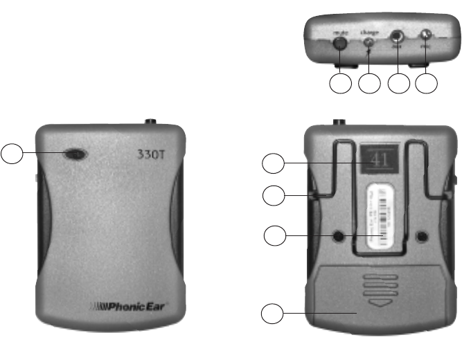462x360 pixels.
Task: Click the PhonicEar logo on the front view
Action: [x=132, y=304]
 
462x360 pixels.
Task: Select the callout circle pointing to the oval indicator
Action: [x=12, y=154]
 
